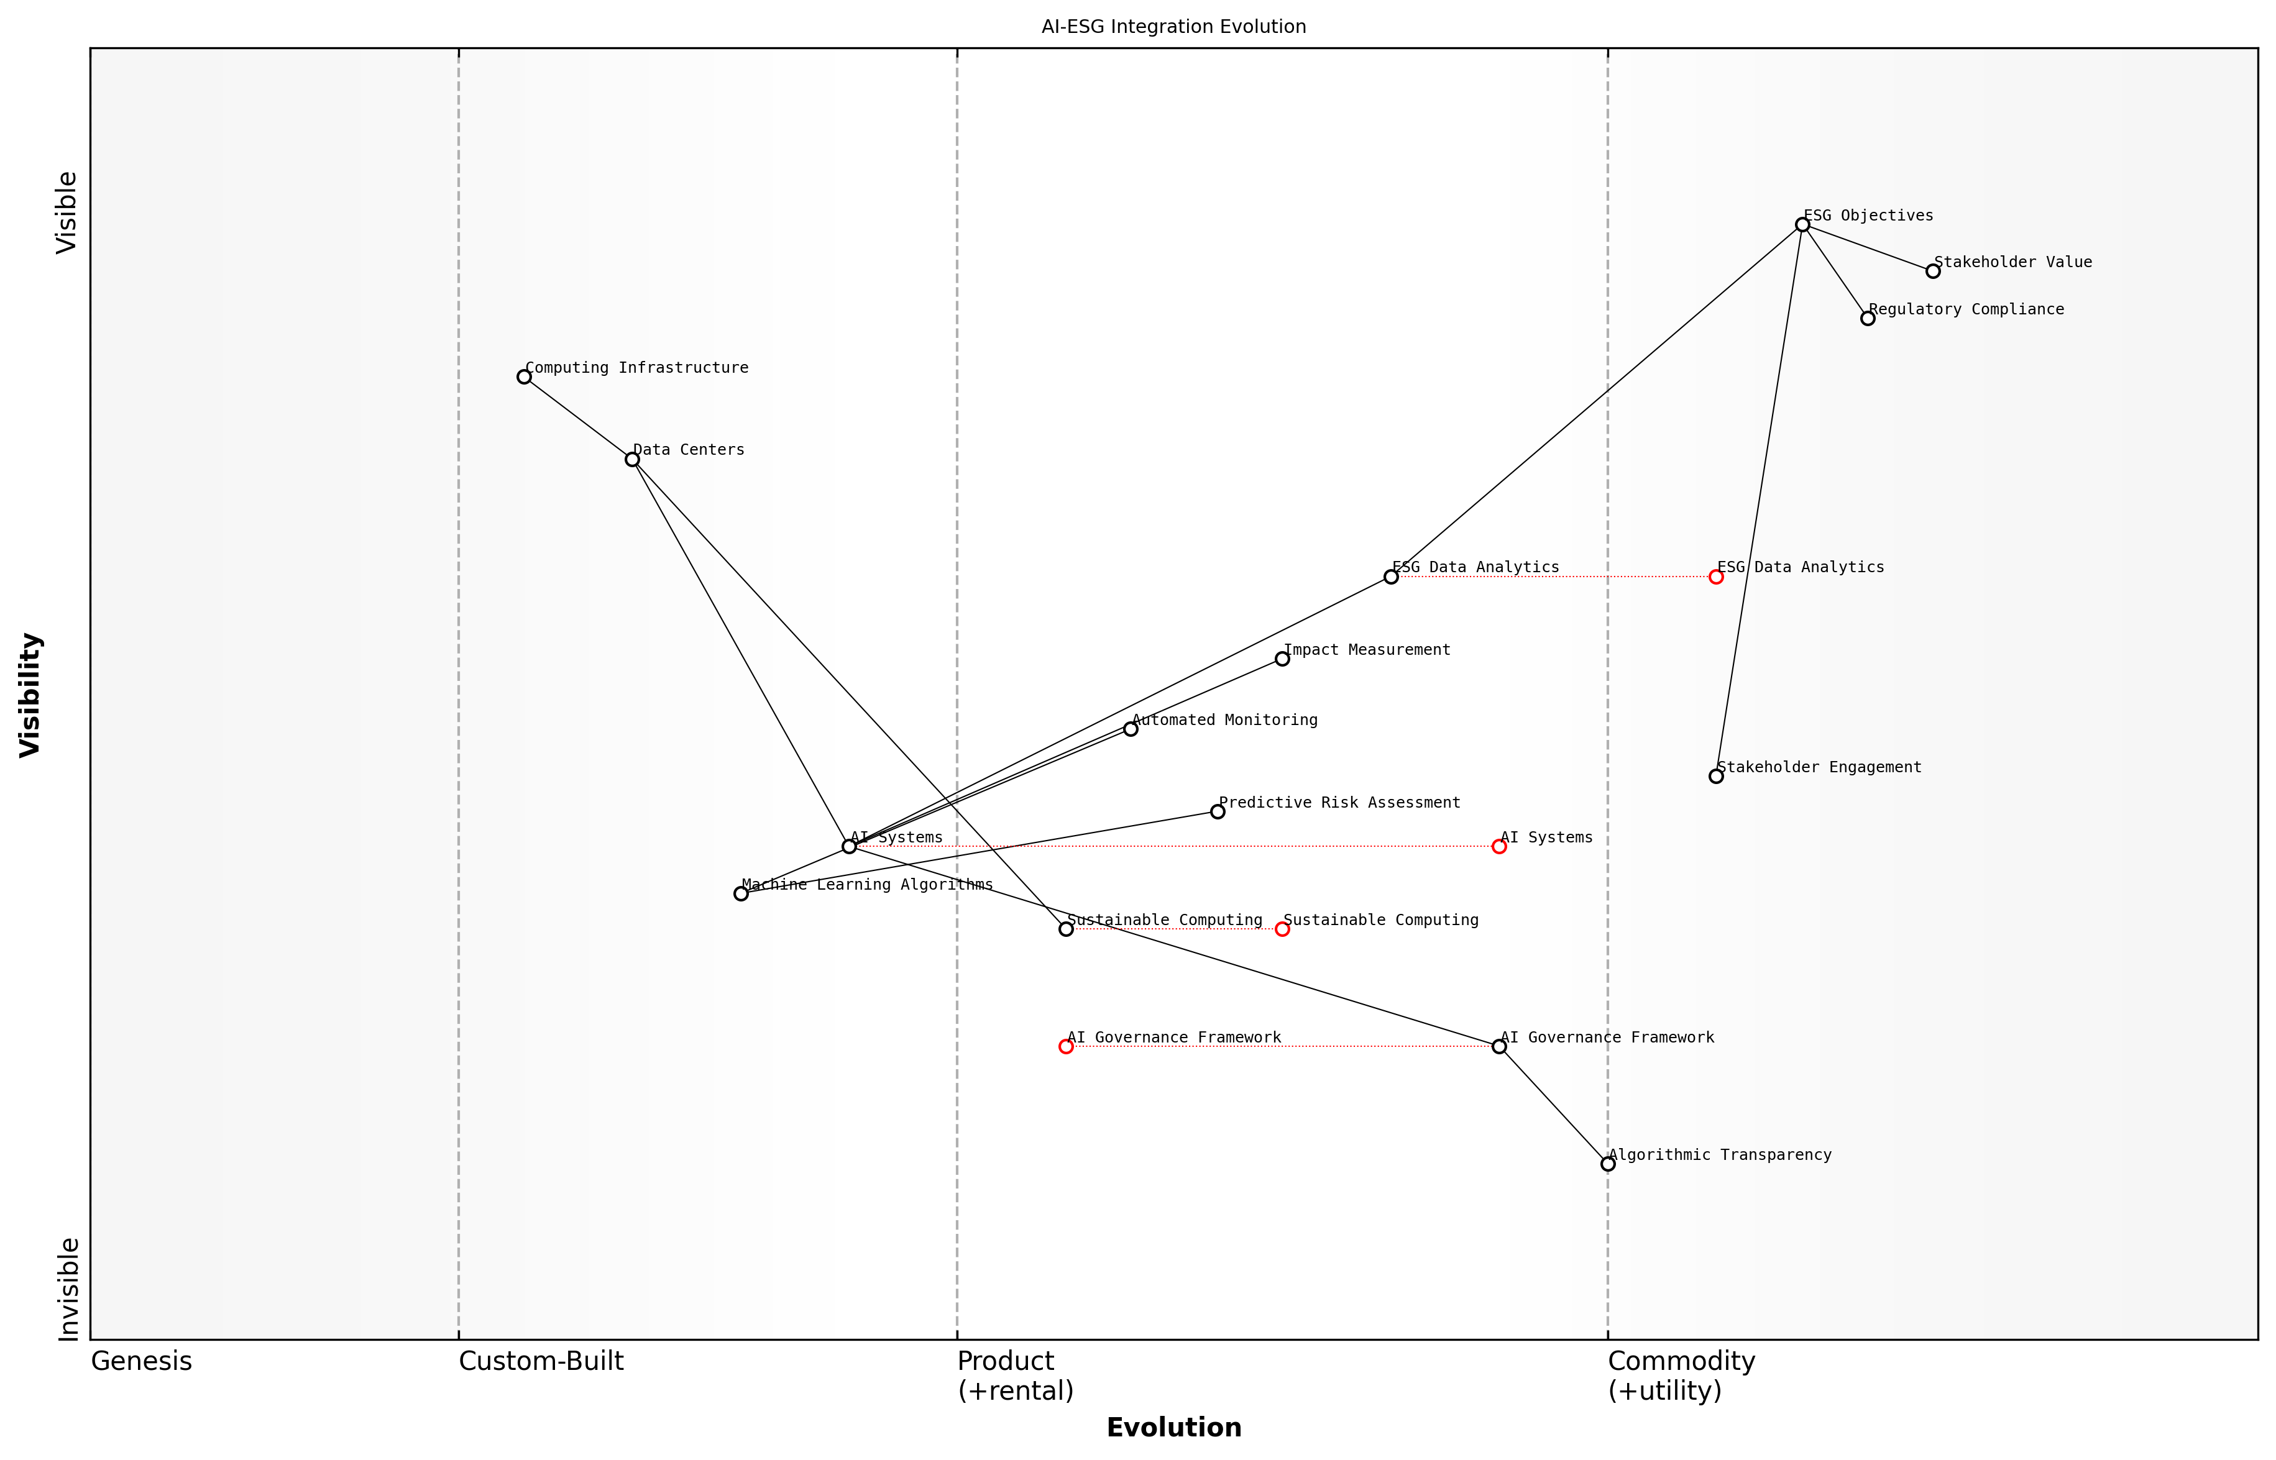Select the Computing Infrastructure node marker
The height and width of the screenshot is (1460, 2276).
click(x=523, y=376)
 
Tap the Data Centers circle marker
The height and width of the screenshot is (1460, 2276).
click(x=631, y=459)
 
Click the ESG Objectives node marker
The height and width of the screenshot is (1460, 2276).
click(x=1802, y=225)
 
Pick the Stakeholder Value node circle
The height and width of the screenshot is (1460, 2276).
click(x=1933, y=271)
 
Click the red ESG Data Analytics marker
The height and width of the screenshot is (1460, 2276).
click(x=1715, y=577)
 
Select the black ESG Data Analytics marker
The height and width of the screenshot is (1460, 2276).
click(x=1390, y=577)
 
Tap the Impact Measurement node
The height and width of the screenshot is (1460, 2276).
click(x=1282, y=659)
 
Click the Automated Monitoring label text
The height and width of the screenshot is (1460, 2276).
click(x=1224, y=719)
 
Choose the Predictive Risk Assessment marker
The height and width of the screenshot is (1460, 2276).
click(x=1218, y=811)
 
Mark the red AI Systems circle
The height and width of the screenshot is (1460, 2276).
click(x=1499, y=847)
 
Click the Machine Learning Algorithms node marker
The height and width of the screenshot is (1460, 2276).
click(x=741, y=893)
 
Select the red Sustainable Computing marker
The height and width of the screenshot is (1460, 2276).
click(x=1282, y=929)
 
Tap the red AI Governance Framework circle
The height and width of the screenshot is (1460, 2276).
click(x=1066, y=1047)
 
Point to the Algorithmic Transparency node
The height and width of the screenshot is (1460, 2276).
click(x=1607, y=1163)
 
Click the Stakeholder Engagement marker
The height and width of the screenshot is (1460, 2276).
click(x=1715, y=775)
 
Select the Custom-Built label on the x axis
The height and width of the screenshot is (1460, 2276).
click(x=541, y=1361)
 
